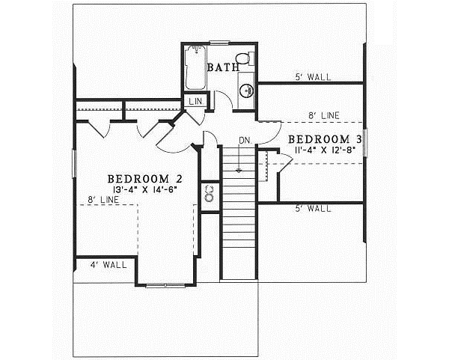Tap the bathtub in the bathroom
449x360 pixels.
(x=197, y=69)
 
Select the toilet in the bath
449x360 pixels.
(x=242, y=59)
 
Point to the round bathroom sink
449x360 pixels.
(x=245, y=91)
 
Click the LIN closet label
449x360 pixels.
(x=195, y=101)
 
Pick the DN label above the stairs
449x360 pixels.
(x=244, y=140)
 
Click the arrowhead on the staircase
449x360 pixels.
(x=239, y=169)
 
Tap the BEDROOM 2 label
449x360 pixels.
(x=145, y=179)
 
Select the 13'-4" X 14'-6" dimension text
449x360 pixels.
(x=145, y=190)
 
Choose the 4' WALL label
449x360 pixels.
(x=109, y=264)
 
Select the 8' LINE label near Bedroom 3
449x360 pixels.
(x=323, y=115)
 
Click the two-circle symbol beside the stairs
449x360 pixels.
(x=210, y=194)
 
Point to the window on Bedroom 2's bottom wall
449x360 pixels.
(x=166, y=285)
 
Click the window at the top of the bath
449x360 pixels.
(x=219, y=43)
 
